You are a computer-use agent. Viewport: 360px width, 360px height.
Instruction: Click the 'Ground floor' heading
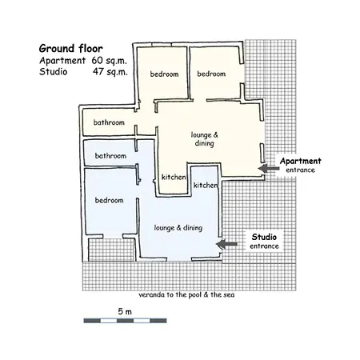(x=70, y=49)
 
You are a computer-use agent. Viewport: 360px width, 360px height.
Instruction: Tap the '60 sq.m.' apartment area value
(x=109, y=61)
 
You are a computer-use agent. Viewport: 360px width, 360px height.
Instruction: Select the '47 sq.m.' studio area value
(x=110, y=72)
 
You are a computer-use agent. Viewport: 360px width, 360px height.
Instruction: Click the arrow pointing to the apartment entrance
(x=269, y=169)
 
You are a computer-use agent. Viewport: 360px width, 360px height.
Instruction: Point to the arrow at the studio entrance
(x=226, y=244)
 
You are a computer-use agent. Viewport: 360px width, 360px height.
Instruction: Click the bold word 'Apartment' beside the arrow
(x=301, y=161)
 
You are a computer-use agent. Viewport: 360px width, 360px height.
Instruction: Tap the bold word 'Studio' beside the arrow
(x=264, y=237)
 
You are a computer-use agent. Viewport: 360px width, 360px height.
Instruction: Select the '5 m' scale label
(x=125, y=311)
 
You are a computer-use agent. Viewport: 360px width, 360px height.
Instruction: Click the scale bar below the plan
(x=125, y=321)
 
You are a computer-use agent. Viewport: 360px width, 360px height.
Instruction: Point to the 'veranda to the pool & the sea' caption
(x=186, y=294)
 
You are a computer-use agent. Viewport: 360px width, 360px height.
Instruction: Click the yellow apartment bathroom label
(x=109, y=122)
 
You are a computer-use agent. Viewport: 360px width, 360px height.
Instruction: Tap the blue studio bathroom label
(x=110, y=156)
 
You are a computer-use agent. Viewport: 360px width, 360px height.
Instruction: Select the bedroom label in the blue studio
(x=110, y=200)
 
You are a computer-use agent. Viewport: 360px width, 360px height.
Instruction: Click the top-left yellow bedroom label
(x=164, y=74)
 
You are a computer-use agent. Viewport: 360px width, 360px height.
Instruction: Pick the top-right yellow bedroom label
(x=211, y=74)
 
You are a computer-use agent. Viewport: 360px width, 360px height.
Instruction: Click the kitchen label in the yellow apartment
(x=174, y=177)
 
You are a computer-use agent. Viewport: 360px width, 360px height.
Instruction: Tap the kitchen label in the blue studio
(x=206, y=185)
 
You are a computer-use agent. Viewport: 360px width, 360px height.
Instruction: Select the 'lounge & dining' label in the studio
(x=178, y=228)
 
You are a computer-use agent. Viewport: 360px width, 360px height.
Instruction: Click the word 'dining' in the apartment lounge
(x=205, y=143)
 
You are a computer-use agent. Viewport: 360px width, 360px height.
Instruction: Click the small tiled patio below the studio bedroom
(x=111, y=250)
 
